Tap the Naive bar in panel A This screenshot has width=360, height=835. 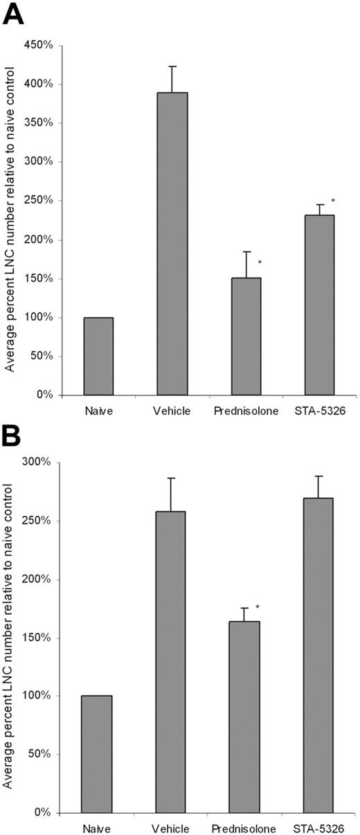click(x=98, y=357)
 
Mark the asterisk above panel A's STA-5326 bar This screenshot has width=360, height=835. click(x=333, y=201)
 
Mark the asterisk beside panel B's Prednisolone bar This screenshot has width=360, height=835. click(x=258, y=608)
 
